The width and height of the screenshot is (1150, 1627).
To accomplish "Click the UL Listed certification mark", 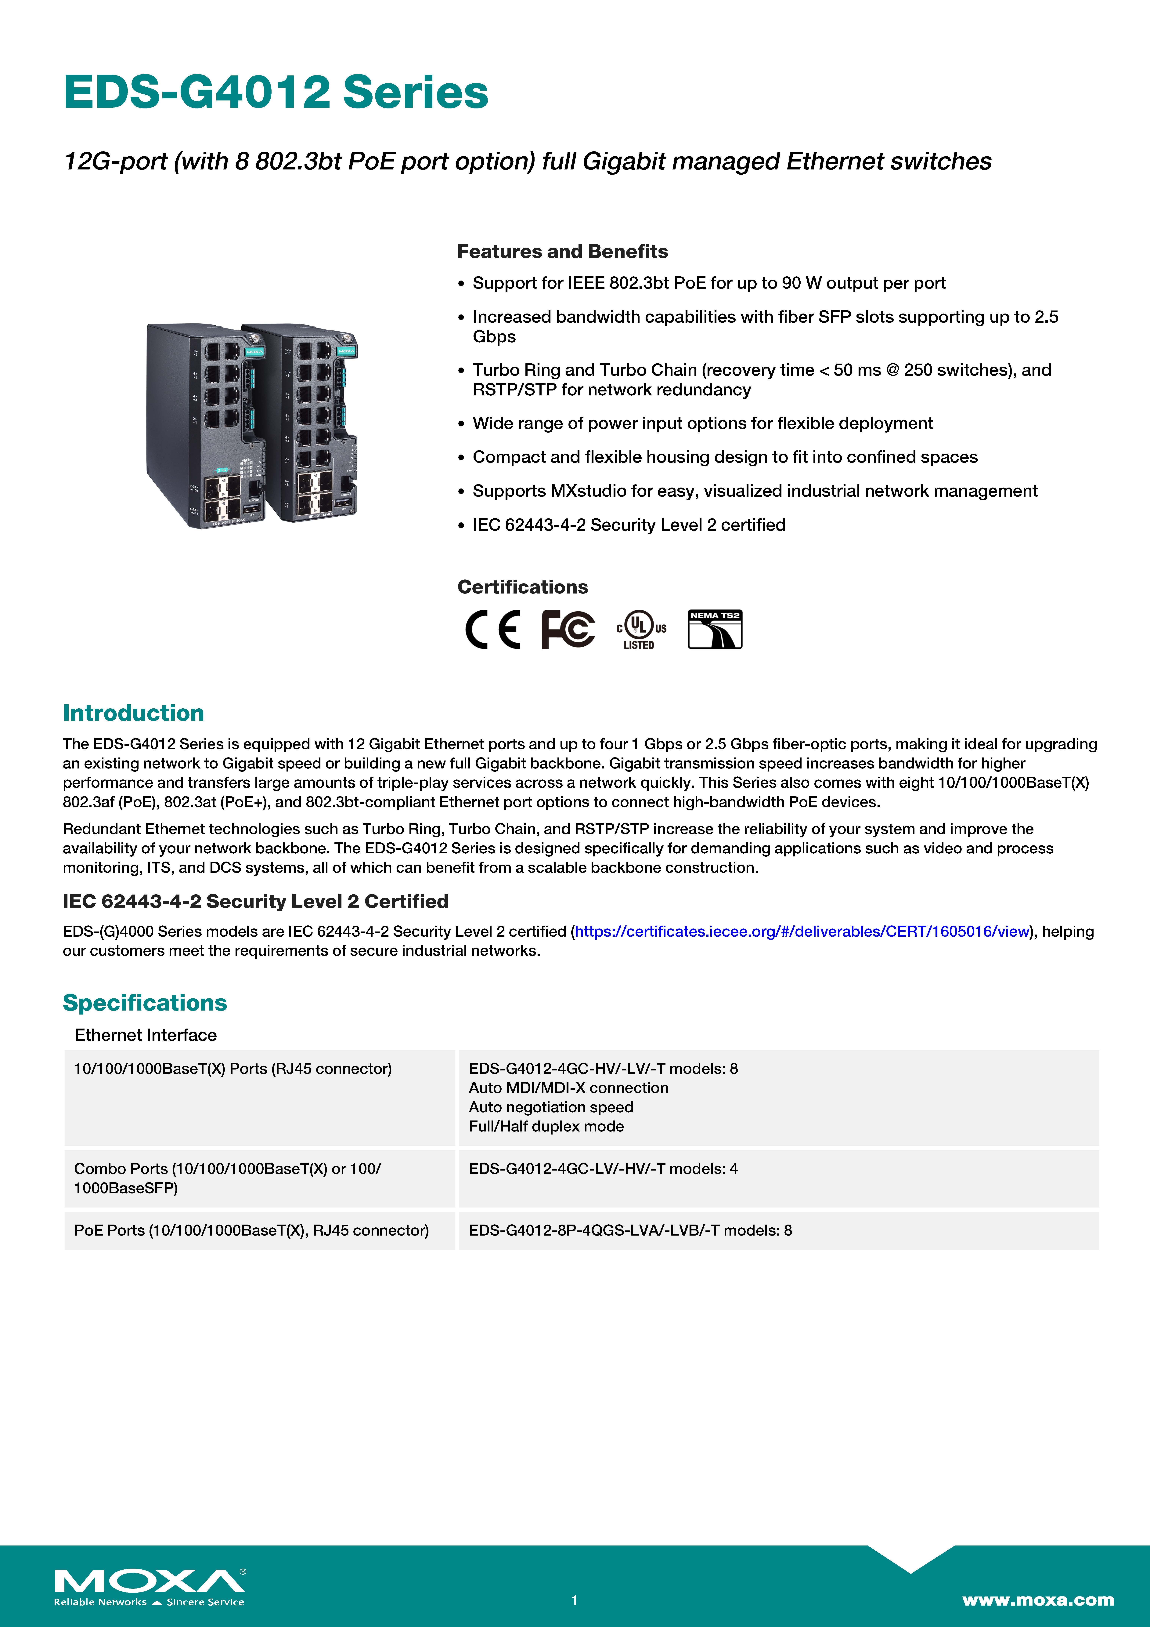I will [x=640, y=629].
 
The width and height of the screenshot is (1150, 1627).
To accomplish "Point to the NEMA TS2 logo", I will [x=715, y=629].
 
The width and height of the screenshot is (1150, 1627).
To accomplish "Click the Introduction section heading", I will [x=133, y=713].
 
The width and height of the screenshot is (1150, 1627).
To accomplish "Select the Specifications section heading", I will [x=145, y=1003].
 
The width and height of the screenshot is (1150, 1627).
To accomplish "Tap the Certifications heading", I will [x=522, y=587].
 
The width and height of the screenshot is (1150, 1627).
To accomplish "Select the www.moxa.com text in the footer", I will [x=1037, y=1599].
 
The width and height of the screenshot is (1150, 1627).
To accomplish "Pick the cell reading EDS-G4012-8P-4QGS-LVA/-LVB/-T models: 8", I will [x=630, y=1230].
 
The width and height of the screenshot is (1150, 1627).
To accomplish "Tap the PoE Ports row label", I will [x=251, y=1230].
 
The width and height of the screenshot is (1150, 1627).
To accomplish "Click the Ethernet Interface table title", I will [x=145, y=1035].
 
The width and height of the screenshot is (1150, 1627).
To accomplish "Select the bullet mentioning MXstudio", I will [x=755, y=491].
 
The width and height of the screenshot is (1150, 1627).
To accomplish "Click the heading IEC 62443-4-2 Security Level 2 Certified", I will [x=255, y=901].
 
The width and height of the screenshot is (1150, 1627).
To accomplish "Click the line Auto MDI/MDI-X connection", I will [x=568, y=1088].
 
